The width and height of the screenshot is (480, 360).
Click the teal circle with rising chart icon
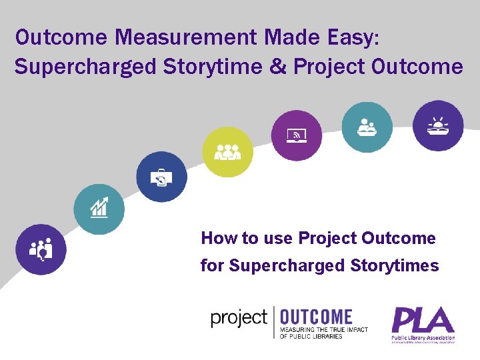coord(99,209)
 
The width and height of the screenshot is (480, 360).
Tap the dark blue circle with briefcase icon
coord(161,177)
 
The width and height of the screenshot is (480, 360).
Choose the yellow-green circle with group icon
coord(227,152)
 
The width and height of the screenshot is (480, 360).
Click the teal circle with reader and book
coord(367,127)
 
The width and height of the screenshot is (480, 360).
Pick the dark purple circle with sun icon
coord(438,125)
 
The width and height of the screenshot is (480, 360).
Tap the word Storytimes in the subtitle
coord(399,266)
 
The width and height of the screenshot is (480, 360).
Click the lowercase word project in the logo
coord(239,318)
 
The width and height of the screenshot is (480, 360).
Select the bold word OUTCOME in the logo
coord(316,317)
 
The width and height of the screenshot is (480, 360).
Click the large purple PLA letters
coord(423,320)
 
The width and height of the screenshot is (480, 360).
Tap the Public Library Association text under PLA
coord(423,338)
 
